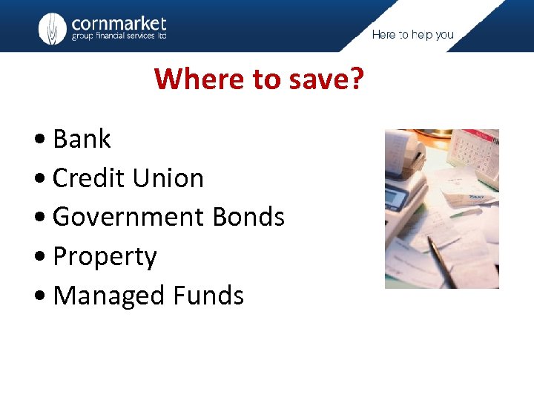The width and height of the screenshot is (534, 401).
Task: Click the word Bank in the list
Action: pos(82,139)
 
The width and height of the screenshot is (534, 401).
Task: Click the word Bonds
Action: pos(248,217)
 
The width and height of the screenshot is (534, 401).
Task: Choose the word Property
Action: pos(105,257)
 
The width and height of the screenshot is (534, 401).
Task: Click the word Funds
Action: pos(208,296)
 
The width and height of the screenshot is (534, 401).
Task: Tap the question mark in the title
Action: pos(356,78)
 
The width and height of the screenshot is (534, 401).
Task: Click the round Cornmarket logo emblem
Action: pos(52,28)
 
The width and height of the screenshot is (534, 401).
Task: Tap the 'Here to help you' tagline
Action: pos(412,34)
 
